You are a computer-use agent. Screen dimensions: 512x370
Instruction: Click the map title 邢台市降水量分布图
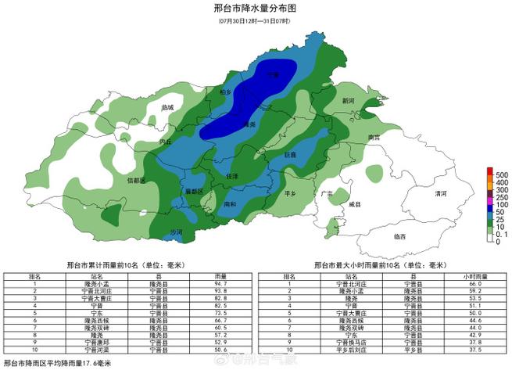255,9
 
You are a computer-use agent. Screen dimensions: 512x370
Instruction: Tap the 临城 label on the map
166,107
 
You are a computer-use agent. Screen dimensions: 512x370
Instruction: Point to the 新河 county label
349,102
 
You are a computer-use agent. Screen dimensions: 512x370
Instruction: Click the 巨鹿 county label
290,155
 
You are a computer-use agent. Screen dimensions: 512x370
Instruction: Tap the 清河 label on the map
441,192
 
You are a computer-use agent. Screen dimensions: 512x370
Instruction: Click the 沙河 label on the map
177,232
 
